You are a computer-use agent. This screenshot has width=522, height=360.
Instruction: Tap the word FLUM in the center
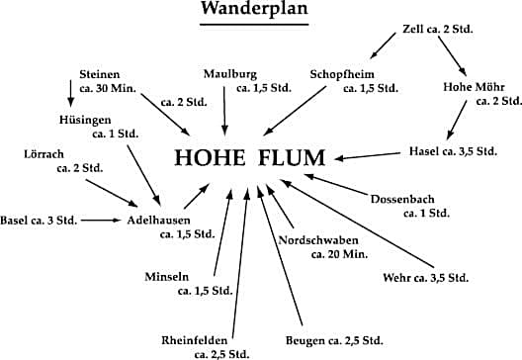[x=299, y=157]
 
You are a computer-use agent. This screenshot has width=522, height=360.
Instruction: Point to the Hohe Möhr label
[x=468, y=85]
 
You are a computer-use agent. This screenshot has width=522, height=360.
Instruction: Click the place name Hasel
[x=426, y=151]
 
